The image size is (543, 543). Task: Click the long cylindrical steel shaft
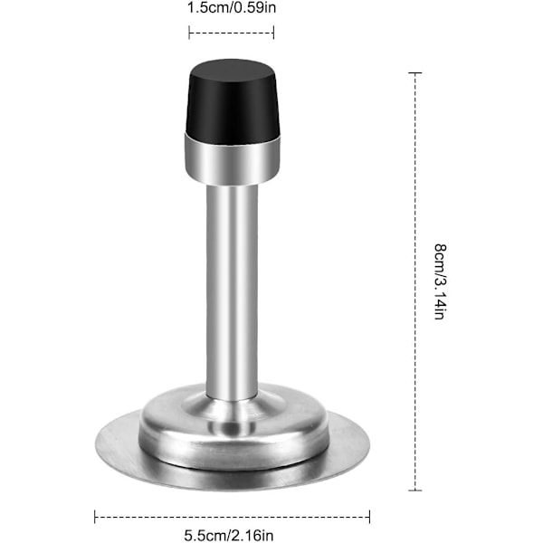(x=232, y=291)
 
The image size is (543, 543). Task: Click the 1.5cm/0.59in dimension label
(x=232, y=8)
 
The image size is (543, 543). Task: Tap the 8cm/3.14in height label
(x=440, y=281)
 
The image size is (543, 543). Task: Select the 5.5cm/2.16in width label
(x=229, y=535)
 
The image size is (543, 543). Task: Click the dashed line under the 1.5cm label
(x=232, y=33)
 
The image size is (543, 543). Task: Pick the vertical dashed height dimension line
(x=414, y=281)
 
